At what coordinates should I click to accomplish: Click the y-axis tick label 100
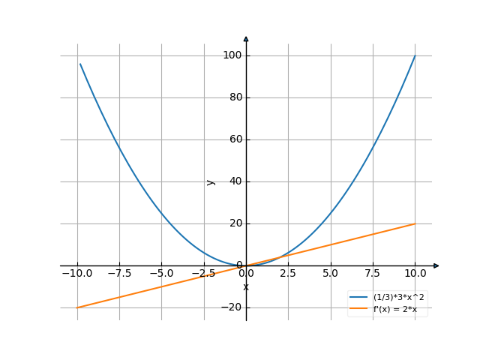tap(231, 55)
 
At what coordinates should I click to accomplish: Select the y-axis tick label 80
tap(233, 97)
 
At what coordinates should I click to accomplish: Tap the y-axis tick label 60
tap(233, 139)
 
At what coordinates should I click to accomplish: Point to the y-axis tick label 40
tap(233, 181)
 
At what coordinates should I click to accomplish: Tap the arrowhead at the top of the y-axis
tap(246, 38)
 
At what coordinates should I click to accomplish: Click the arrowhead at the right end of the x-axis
tap(436, 265)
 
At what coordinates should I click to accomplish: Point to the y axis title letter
tap(211, 181)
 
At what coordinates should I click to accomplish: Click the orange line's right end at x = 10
tap(415, 223)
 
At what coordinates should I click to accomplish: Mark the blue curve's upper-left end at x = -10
tap(79, 63)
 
